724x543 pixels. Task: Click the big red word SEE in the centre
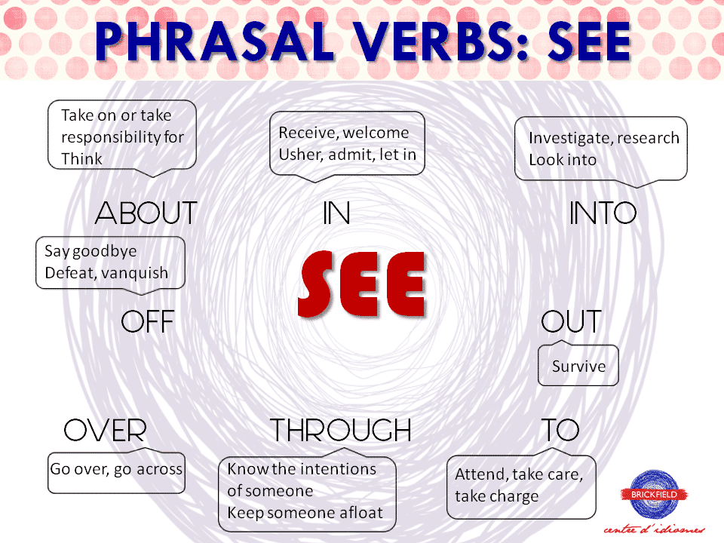point(362,284)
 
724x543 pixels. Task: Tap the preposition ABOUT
point(146,213)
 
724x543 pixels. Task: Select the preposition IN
point(336,214)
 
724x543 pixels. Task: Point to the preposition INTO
point(603,213)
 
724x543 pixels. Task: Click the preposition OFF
point(148,323)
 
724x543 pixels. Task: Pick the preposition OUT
point(572,323)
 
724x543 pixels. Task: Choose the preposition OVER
point(105,431)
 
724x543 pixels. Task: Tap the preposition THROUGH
point(342,431)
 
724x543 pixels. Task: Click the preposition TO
point(560,431)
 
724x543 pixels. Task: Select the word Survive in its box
point(578,367)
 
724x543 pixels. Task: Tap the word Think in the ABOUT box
point(81,159)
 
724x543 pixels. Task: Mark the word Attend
point(480,475)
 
